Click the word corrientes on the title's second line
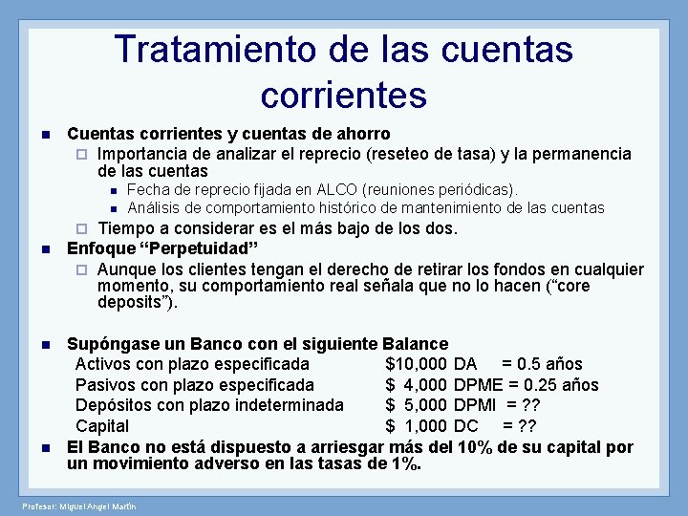point(343,94)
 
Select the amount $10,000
point(417,364)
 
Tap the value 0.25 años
point(563,384)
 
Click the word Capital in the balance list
point(102,425)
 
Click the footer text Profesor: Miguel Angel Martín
point(79,505)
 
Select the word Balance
point(415,343)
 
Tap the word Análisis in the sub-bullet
point(157,207)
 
